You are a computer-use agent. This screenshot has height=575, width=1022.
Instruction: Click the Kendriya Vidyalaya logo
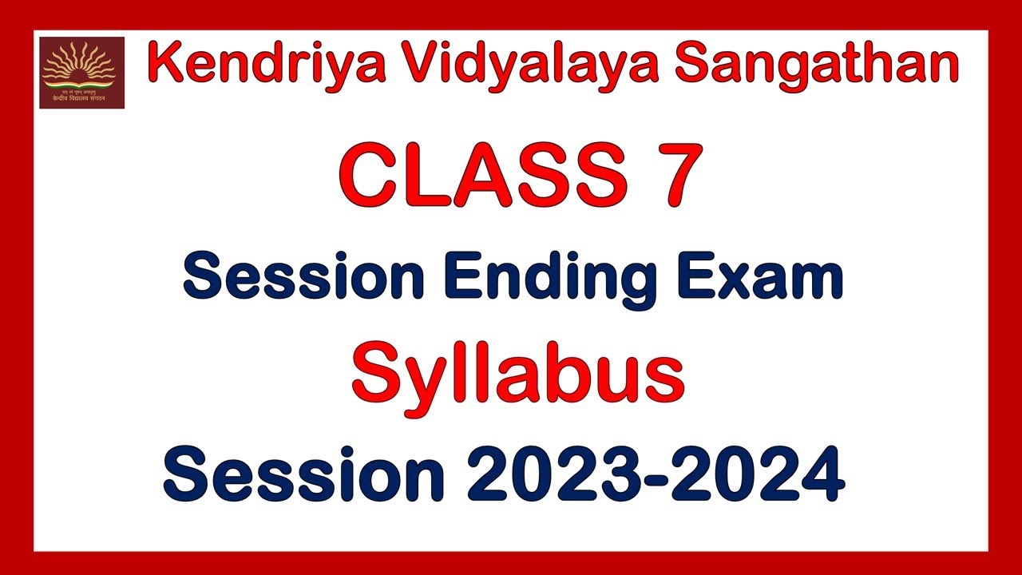coord(82,72)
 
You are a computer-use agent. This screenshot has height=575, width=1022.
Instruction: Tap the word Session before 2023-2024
coord(303,474)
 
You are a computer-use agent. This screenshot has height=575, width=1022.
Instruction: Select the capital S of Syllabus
coord(375,375)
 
